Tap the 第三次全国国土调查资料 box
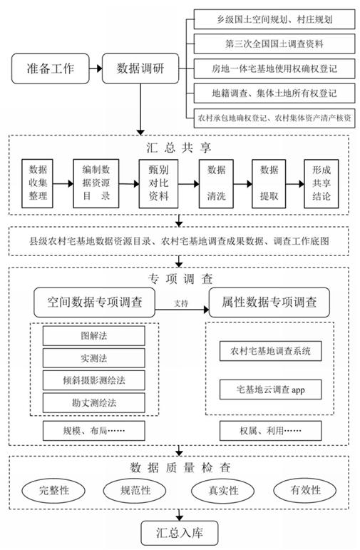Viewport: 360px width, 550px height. point(274,44)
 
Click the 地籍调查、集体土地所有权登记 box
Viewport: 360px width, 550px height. point(274,92)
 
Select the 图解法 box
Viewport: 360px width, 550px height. point(94,335)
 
